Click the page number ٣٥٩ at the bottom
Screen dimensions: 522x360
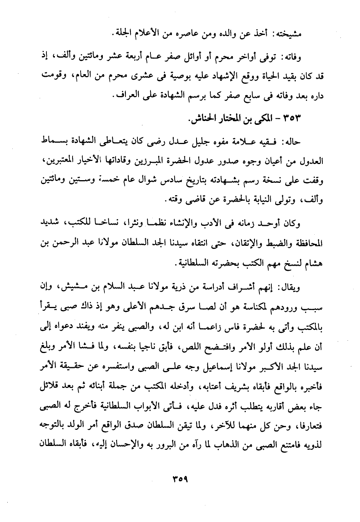point(180,479)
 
